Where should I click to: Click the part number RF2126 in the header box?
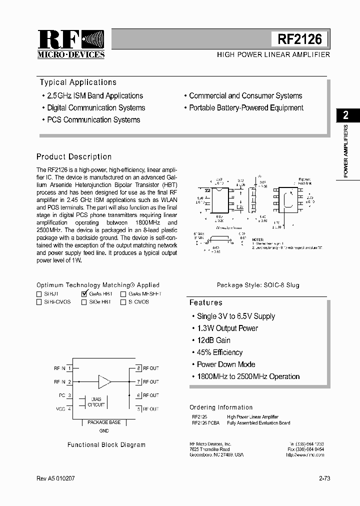(300, 39)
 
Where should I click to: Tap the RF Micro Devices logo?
(70, 44)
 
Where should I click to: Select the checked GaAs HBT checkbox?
(84, 294)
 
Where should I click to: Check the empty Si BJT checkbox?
(39, 294)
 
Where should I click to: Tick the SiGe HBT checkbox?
(84, 302)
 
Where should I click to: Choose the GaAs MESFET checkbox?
(123, 294)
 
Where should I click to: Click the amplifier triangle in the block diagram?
(105, 381)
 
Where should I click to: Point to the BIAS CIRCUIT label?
(96, 401)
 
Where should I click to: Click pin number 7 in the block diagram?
(138, 381)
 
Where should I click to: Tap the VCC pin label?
(60, 409)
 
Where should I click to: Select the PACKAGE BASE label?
(104, 422)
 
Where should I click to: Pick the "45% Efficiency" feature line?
(219, 352)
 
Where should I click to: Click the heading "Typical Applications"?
(78, 82)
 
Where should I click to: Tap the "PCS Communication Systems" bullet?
(93, 120)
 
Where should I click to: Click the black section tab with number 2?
(345, 115)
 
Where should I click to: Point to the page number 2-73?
(324, 478)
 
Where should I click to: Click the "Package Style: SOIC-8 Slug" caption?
(258, 285)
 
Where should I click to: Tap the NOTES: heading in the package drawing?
(258, 240)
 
